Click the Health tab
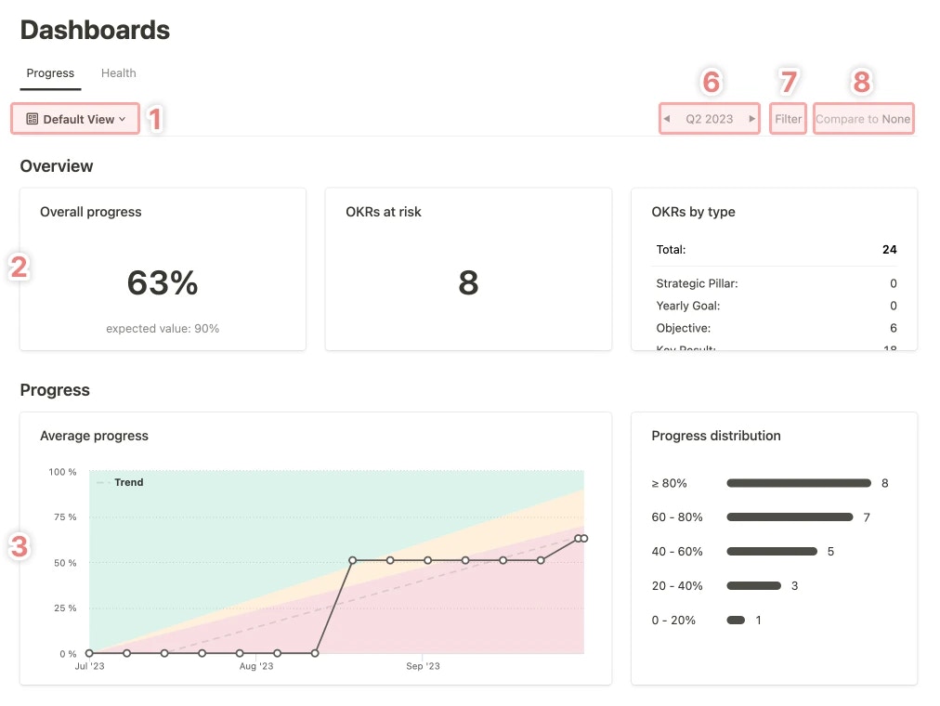(x=119, y=73)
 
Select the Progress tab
(x=50, y=73)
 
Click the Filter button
(x=788, y=119)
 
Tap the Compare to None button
(x=863, y=119)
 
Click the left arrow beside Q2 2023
(x=667, y=119)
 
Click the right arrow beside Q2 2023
(x=752, y=119)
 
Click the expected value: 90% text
(x=163, y=329)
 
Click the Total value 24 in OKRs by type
(x=889, y=250)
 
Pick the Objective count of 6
(x=893, y=329)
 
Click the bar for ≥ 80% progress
(x=799, y=483)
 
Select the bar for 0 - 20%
(x=736, y=620)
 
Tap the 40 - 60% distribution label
(x=677, y=552)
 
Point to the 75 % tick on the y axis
(x=63, y=517)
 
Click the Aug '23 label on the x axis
(x=256, y=666)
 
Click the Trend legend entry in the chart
(x=128, y=483)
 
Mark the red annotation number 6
(x=711, y=83)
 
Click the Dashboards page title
(x=95, y=30)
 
